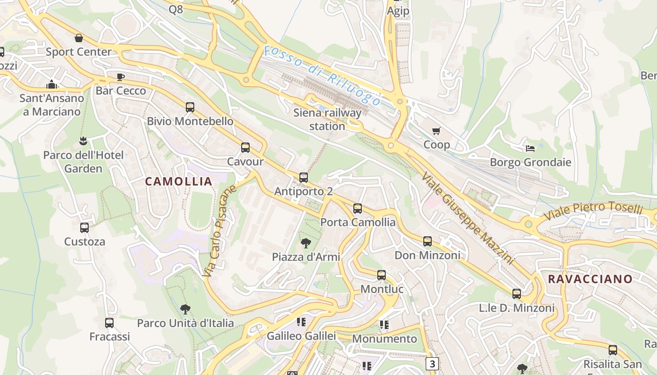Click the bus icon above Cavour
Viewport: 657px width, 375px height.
245,148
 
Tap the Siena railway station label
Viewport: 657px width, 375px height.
328,120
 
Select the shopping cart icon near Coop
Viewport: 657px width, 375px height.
436,131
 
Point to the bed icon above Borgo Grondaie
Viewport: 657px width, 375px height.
530,149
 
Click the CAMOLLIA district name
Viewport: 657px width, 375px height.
178,181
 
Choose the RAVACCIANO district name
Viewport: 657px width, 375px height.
590,279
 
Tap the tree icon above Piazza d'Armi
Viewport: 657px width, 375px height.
306,243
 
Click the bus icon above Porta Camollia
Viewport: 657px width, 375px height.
358,209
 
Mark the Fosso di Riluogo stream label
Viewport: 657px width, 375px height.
322,75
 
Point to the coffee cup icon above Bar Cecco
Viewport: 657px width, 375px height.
121,77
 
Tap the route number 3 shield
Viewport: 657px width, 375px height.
432,364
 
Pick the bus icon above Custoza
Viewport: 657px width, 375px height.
84,228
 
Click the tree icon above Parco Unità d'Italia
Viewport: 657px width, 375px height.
185,309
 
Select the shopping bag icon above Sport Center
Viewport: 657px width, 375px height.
79,38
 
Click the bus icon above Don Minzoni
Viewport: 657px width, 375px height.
428,241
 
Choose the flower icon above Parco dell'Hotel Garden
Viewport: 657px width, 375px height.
83,141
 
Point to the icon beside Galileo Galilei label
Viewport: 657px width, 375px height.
301,322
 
